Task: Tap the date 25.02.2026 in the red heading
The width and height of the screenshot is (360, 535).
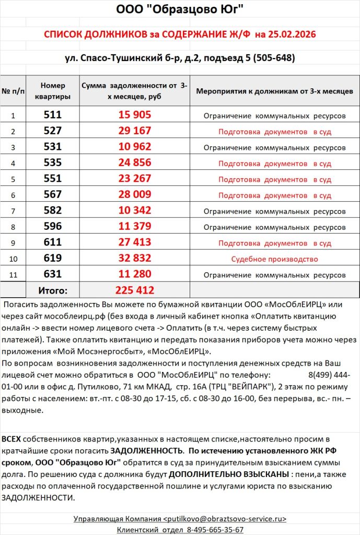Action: (291, 34)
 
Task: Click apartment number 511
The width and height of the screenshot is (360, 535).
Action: (53, 115)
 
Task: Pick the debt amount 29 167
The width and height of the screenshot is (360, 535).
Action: (134, 131)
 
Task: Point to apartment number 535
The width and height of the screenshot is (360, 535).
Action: (53, 163)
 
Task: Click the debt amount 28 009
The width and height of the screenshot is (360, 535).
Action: (134, 195)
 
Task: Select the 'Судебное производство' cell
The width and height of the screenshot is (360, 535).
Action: (274, 259)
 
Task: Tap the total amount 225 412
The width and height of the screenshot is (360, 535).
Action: (134, 290)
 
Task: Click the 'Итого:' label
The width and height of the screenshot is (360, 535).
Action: (53, 290)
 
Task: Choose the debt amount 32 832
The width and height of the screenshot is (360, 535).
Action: (134, 259)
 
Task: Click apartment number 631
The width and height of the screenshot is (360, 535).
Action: (53, 274)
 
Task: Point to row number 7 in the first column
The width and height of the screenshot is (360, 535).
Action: (14, 211)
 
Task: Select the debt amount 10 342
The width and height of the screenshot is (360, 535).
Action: (134, 211)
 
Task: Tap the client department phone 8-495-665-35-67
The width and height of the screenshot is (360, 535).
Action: (215, 529)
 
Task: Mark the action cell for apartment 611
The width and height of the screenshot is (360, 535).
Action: (274, 243)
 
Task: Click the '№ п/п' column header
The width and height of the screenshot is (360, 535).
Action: (14, 91)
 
